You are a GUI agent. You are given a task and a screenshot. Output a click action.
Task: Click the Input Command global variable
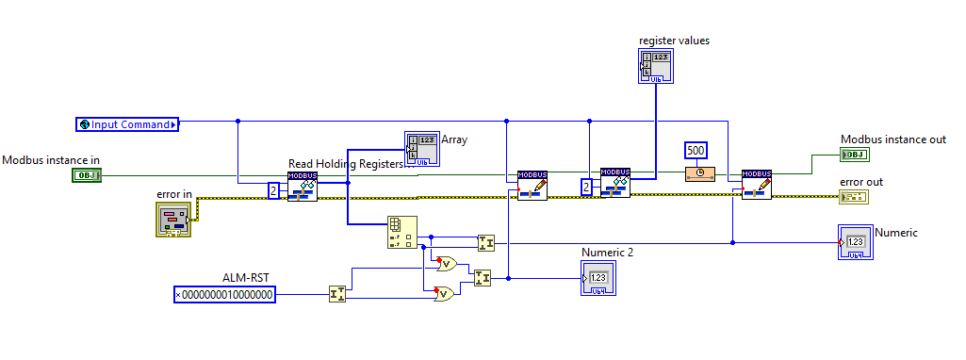click(127, 124)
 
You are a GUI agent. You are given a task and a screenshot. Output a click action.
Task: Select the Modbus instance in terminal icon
click(86, 174)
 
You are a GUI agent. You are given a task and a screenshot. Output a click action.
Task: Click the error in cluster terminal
click(172, 220)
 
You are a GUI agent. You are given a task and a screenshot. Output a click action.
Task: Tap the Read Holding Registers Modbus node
click(303, 187)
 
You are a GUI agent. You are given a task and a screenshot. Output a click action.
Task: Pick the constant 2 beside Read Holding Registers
click(273, 191)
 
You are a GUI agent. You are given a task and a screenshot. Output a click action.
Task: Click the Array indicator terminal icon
click(420, 149)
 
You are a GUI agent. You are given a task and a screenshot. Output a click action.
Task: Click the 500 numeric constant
click(696, 151)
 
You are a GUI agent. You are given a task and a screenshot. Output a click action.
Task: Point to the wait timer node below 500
click(699, 173)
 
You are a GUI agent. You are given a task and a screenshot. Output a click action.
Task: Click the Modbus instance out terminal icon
click(854, 155)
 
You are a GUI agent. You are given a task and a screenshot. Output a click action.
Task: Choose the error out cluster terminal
click(854, 197)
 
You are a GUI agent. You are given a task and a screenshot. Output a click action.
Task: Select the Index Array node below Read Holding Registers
click(402, 233)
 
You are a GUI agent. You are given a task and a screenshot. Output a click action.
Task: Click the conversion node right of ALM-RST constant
click(336, 295)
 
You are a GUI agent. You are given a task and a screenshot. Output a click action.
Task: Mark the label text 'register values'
click(674, 40)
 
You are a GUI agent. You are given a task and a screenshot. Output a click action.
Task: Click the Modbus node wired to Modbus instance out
click(757, 185)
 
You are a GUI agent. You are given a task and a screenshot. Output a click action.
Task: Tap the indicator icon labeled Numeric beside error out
click(854, 241)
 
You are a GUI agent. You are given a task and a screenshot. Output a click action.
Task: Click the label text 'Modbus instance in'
click(51, 160)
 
